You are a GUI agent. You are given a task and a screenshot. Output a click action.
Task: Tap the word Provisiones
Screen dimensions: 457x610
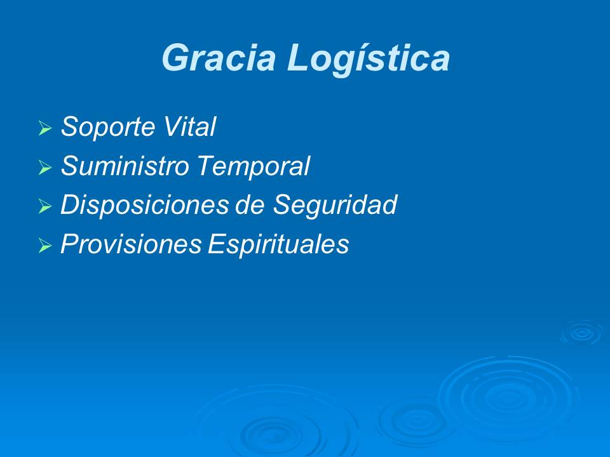(x=131, y=245)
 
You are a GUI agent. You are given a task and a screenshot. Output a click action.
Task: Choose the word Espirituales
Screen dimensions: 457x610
(x=278, y=246)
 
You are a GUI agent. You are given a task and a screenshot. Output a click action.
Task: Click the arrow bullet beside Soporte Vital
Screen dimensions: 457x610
(x=44, y=129)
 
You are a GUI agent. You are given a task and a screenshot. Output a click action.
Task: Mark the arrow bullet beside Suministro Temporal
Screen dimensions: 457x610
(x=44, y=168)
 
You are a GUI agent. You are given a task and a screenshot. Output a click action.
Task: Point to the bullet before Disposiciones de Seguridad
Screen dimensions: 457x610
(x=44, y=208)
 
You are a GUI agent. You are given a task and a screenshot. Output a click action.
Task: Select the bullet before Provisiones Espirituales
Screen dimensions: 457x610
(x=44, y=246)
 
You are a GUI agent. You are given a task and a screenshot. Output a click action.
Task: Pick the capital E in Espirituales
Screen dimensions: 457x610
(x=215, y=245)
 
